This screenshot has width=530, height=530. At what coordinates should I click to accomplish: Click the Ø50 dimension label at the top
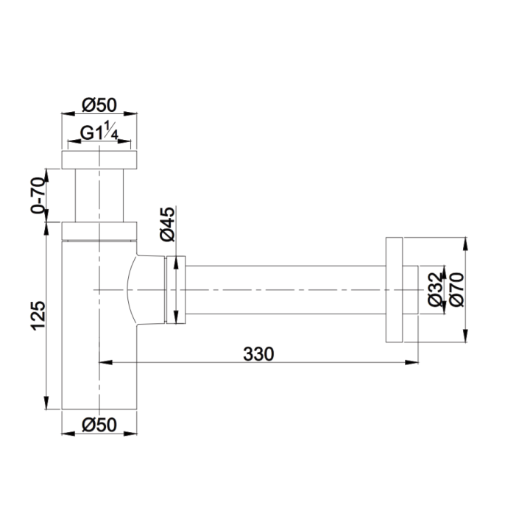[99, 105]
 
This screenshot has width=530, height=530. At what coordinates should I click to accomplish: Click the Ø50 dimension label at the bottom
[99, 425]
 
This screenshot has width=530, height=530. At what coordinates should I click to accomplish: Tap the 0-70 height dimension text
[38, 195]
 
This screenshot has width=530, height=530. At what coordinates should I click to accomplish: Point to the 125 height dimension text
[38, 316]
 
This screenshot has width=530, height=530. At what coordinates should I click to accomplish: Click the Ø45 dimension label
[168, 224]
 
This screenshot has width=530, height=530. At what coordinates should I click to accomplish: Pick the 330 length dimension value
[258, 354]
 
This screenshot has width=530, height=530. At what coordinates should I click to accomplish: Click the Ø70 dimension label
[457, 290]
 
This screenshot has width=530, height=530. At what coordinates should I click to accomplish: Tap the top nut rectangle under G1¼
[99, 160]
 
